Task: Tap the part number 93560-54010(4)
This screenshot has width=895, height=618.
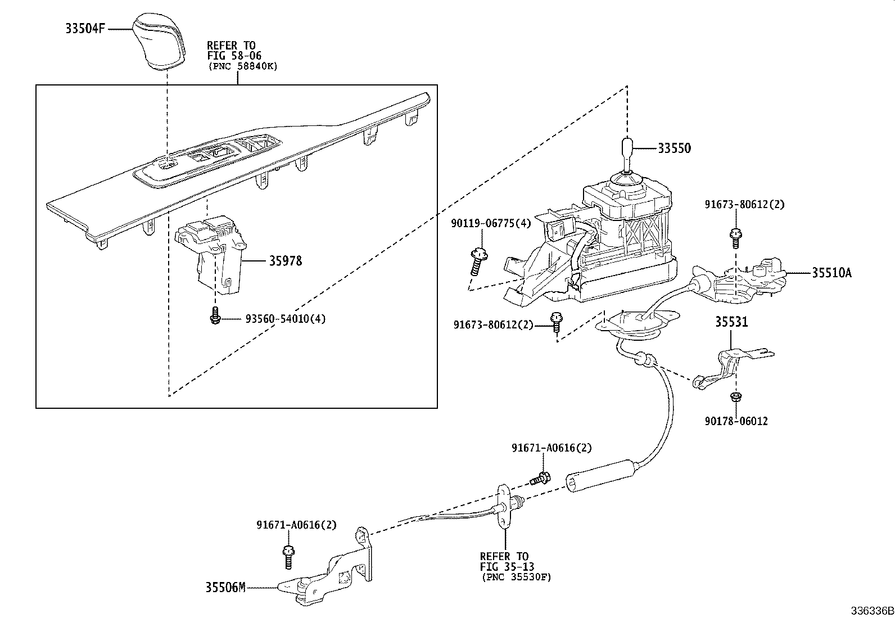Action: coord(285,319)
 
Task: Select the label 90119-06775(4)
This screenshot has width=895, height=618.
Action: coord(490,223)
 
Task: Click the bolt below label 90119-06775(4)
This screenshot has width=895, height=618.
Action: coord(477,261)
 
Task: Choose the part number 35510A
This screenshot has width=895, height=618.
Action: coord(831,273)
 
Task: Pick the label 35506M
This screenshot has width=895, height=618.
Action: coord(225,588)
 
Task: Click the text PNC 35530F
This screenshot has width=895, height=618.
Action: coord(516,577)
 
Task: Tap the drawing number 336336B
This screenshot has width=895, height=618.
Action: coord(871,611)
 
